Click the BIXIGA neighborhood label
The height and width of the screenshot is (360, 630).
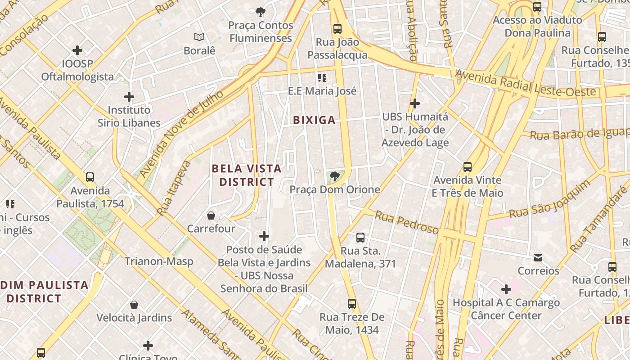click(x=314, y=120)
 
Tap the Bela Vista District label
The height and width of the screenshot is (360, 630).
click(x=247, y=175)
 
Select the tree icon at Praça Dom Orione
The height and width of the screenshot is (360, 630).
click(x=334, y=176)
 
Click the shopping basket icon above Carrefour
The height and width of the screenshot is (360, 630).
click(x=211, y=216)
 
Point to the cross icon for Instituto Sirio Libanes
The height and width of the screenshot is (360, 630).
click(x=129, y=97)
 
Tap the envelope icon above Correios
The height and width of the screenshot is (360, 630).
click(x=538, y=258)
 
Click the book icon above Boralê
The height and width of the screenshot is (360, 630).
click(x=199, y=37)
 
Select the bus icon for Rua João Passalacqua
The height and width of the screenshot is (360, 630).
click(x=337, y=29)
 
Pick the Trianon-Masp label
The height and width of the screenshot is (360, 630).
click(x=159, y=261)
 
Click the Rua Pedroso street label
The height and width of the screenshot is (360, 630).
click(x=406, y=222)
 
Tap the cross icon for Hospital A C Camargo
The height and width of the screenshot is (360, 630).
click(x=506, y=289)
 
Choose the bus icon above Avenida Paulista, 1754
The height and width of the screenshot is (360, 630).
click(x=90, y=177)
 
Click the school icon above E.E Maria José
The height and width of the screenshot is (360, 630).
click(x=322, y=78)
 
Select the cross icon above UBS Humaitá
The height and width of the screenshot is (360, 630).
click(x=415, y=104)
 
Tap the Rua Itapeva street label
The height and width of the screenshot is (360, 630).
click(x=174, y=188)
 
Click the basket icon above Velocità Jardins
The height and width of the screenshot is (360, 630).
click(x=134, y=305)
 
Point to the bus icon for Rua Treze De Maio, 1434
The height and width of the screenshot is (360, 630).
click(x=352, y=304)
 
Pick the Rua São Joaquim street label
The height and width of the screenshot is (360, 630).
click(x=549, y=199)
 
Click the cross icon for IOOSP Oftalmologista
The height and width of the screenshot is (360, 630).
click(x=77, y=50)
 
